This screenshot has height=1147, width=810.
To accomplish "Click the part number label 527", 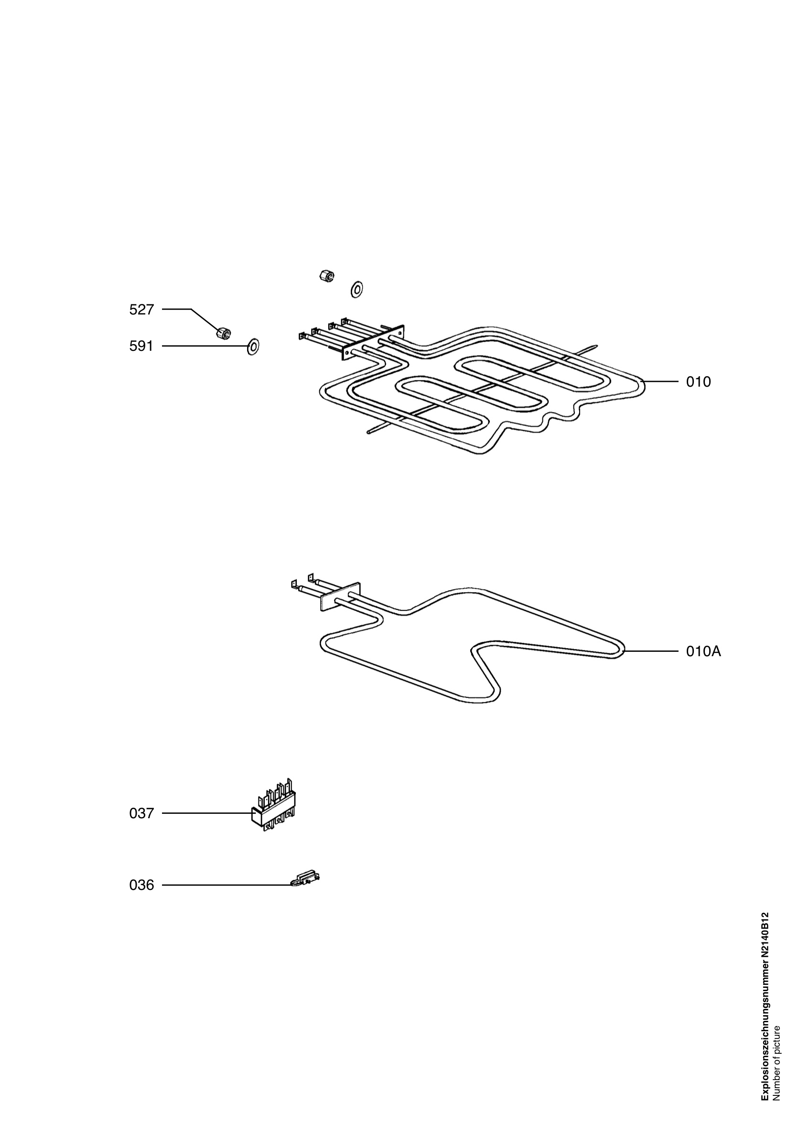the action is pyautogui.click(x=141, y=310).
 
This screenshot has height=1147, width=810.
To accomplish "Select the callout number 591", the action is pyautogui.click(x=141, y=346).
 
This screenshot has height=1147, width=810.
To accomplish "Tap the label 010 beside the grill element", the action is pyautogui.click(x=698, y=382).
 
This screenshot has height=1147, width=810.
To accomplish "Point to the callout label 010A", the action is pyautogui.click(x=703, y=651).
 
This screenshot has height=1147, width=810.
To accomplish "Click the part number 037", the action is pyautogui.click(x=141, y=813).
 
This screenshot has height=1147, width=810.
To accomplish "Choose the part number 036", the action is pyautogui.click(x=141, y=885).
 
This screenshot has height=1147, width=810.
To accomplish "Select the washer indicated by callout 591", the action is pyautogui.click(x=253, y=346).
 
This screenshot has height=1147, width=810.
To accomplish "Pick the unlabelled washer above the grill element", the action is pyautogui.click(x=356, y=289).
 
